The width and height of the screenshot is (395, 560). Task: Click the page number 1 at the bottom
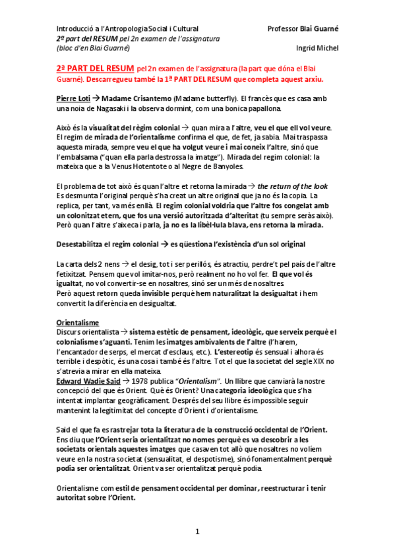coord(197,531)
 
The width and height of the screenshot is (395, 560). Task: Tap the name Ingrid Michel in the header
coord(318,48)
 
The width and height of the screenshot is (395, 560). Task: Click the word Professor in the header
coord(282,29)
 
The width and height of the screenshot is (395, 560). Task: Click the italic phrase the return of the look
coord(292,187)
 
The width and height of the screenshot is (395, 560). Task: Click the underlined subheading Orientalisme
coord(78,322)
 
